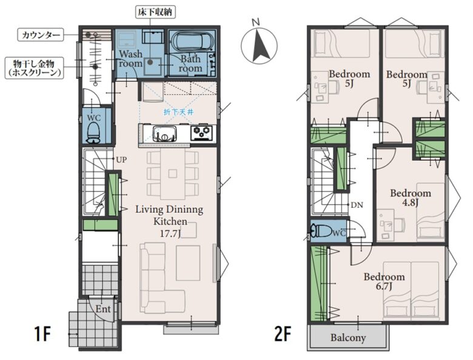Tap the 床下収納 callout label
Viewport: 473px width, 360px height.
pos(155,13)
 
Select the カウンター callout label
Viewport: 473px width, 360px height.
pos(41,35)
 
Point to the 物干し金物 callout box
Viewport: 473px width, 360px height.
pos(34,68)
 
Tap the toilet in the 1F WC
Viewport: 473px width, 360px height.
pos(93,134)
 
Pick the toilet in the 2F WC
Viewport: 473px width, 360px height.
pos(321,231)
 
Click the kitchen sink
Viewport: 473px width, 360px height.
pos(164,133)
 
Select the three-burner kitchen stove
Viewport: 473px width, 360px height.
pos(201,133)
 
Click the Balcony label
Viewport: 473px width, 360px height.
pos(348,338)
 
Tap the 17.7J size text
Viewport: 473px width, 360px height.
pos(170,233)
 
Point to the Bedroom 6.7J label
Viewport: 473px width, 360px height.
pos(384,281)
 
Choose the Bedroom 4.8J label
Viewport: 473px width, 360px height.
pos(411,198)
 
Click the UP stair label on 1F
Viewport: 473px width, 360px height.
pos(121,159)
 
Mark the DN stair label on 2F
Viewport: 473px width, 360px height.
pos(357,205)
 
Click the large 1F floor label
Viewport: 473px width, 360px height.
pos(42,334)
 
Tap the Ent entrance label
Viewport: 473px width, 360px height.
pos(103,308)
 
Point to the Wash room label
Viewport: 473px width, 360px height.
pos(130,59)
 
